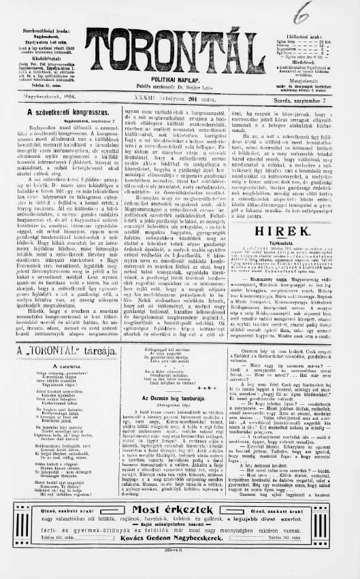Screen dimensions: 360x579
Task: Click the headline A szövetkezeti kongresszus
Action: click(x=61, y=110)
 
